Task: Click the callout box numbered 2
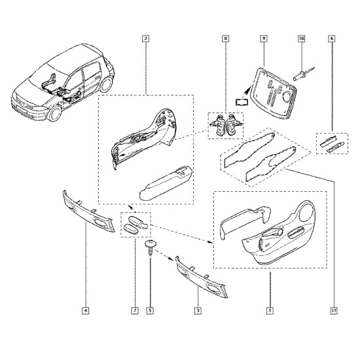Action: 145,39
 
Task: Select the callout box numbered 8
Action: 225,39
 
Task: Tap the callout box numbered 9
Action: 264,39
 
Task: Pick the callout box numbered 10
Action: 301,39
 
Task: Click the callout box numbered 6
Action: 332,39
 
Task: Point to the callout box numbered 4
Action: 85,311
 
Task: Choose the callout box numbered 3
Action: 198,311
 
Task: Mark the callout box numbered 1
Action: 270,311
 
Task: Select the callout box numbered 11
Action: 334,311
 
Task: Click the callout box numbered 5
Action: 150,311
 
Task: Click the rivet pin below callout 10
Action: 303,73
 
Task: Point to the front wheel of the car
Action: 55,113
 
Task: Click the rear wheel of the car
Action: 106,84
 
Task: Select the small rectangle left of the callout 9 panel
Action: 242,101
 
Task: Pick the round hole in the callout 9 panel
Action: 287,97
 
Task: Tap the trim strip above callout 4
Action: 89,211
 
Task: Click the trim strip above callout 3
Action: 202,278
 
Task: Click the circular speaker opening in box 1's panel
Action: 306,212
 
